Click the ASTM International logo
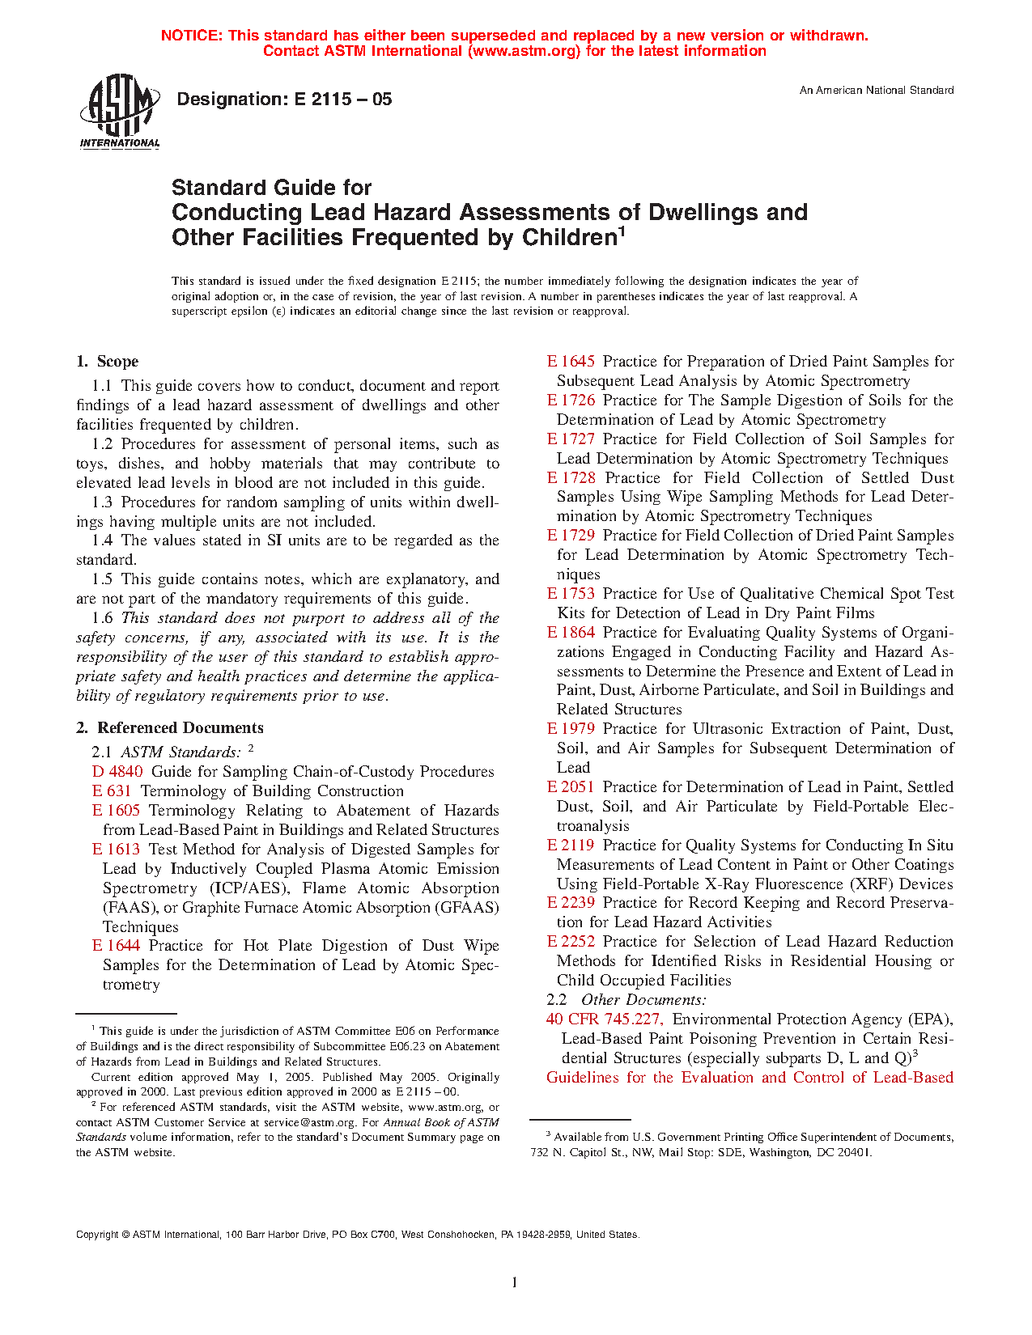click(x=120, y=112)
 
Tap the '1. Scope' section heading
click(x=108, y=362)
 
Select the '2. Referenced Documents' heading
click(x=170, y=728)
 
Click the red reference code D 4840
click(x=117, y=772)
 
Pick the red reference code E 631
click(x=112, y=791)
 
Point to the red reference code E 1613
click(x=117, y=850)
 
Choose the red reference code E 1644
click(x=117, y=946)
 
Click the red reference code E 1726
click(x=571, y=400)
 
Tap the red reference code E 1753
click(x=571, y=594)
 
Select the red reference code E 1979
click(x=571, y=729)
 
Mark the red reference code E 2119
click(x=571, y=845)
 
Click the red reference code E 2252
click(x=571, y=942)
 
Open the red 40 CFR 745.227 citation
click(x=605, y=1019)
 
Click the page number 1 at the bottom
click(x=514, y=1282)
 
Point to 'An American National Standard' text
click(x=877, y=91)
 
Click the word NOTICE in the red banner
click(x=191, y=36)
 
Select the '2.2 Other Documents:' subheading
click(x=616, y=1000)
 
